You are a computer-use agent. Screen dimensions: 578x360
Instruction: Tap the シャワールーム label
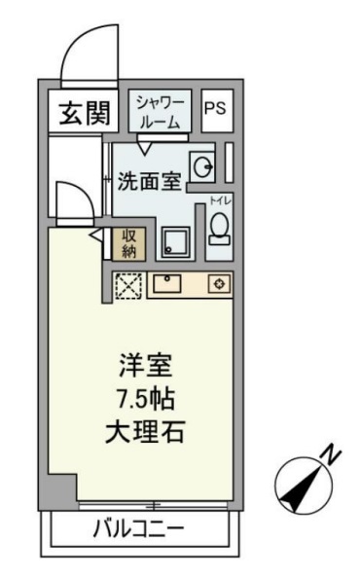tap(158, 110)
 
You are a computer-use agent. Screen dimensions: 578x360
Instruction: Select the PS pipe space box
tap(215, 109)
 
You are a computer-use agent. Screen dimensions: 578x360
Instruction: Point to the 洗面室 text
tap(150, 181)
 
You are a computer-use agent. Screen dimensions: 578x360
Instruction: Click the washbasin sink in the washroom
tap(203, 167)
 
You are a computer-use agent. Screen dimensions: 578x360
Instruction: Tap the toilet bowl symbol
tap(218, 228)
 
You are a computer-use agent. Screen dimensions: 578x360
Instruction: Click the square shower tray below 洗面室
tap(176, 241)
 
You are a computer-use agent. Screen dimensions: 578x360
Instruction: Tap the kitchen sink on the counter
tap(168, 284)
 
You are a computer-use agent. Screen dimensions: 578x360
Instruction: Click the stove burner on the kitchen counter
tap(220, 284)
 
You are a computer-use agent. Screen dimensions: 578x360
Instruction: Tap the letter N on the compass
tap(331, 453)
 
